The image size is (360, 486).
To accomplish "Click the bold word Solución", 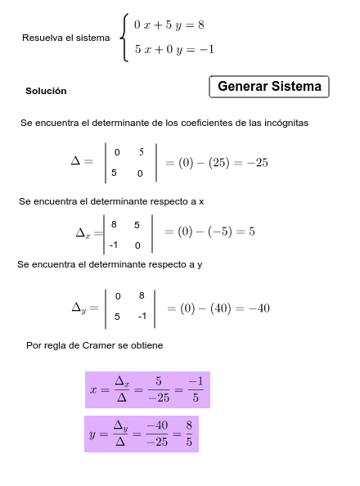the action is pos(46,91).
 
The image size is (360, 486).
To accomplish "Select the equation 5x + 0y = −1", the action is pos(173,50).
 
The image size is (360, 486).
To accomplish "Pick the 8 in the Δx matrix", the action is pos(115,223).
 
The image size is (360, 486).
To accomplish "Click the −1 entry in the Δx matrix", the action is pos(114,245).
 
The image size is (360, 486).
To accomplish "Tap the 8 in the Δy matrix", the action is pos(142,295).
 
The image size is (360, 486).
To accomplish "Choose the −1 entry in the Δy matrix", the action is pos(142,317).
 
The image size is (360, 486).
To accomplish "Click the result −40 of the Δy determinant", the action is pos(259,308).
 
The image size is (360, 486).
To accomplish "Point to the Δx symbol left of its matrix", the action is pos(83,233).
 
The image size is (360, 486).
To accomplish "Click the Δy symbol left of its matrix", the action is pos(79,308).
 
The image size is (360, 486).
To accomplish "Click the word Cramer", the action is pos(100,346).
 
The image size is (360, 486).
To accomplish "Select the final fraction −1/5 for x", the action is pos(195,390).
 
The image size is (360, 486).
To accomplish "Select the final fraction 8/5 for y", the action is pos(189,434).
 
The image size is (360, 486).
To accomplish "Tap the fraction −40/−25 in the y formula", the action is pos(156,434).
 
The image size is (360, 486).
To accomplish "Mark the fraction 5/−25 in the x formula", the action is pos(159,390).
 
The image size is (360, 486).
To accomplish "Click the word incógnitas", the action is pos(284,123).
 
